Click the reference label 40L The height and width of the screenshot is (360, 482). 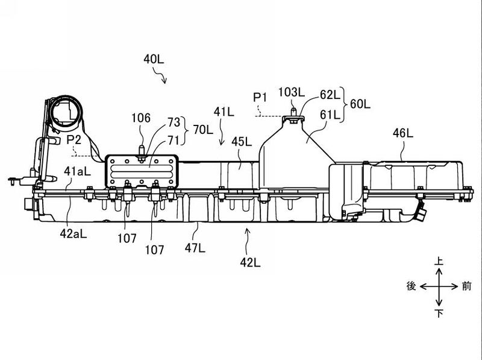(x=154, y=59)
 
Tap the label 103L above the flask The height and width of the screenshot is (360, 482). (x=292, y=92)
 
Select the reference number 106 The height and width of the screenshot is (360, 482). (x=141, y=118)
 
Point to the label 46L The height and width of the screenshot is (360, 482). (x=403, y=133)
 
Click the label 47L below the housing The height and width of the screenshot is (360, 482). (x=195, y=247)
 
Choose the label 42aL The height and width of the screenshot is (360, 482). (x=73, y=234)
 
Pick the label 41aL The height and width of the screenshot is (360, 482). (x=77, y=171)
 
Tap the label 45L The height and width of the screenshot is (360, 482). (x=242, y=142)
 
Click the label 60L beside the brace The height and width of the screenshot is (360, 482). (x=360, y=104)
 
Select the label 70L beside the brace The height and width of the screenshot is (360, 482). (x=203, y=130)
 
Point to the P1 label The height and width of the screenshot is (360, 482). (x=260, y=98)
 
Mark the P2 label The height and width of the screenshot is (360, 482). (x=74, y=140)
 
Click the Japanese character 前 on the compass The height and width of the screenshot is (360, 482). (x=466, y=286)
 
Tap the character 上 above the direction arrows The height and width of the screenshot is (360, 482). (x=439, y=261)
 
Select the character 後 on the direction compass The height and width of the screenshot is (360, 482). (x=412, y=286)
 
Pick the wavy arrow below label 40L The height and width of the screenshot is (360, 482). (x=160, y=76)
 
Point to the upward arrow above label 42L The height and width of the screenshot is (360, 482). (x=246, y=237)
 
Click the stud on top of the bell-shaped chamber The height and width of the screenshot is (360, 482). (x=293, y=111)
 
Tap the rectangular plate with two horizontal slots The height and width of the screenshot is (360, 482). (x=142, y=171)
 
